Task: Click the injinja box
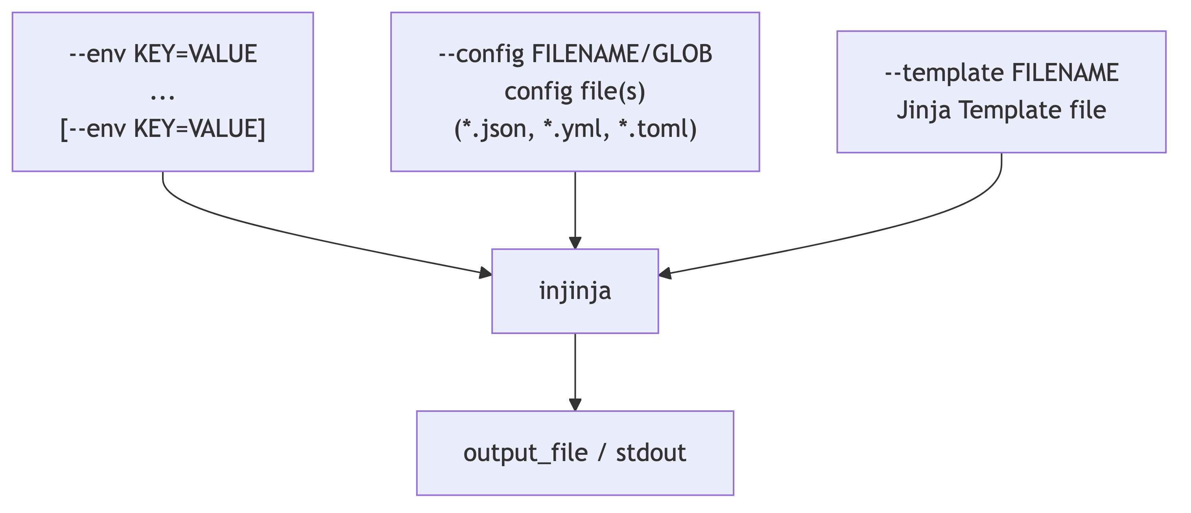pyautogui.click(x=575, y=291)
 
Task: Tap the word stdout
pyautogui.click(x=651, y=452)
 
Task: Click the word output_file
pyautogui.click(x=525, y=452)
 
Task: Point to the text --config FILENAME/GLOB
pyautogui.click(x=575, y=54)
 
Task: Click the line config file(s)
pyautogui.click(x=575, y=91)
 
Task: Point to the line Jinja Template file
pyautogui.click(x=1001, y=110)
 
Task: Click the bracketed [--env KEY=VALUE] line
pyautogui.click(x=163, y=129)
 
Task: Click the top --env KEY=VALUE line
pyautogui.click(x=163, y=54)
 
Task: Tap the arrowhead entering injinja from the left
pyautogui.click(x=485, y=273)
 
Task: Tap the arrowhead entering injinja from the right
pyautogui.click(x=665, y=273)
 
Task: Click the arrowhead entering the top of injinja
pyautogui.click(x=575, y=243)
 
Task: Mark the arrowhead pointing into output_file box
pyautogui.click(x=575, y=404)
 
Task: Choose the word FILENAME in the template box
pyautogui.click(x=1065, y=73)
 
